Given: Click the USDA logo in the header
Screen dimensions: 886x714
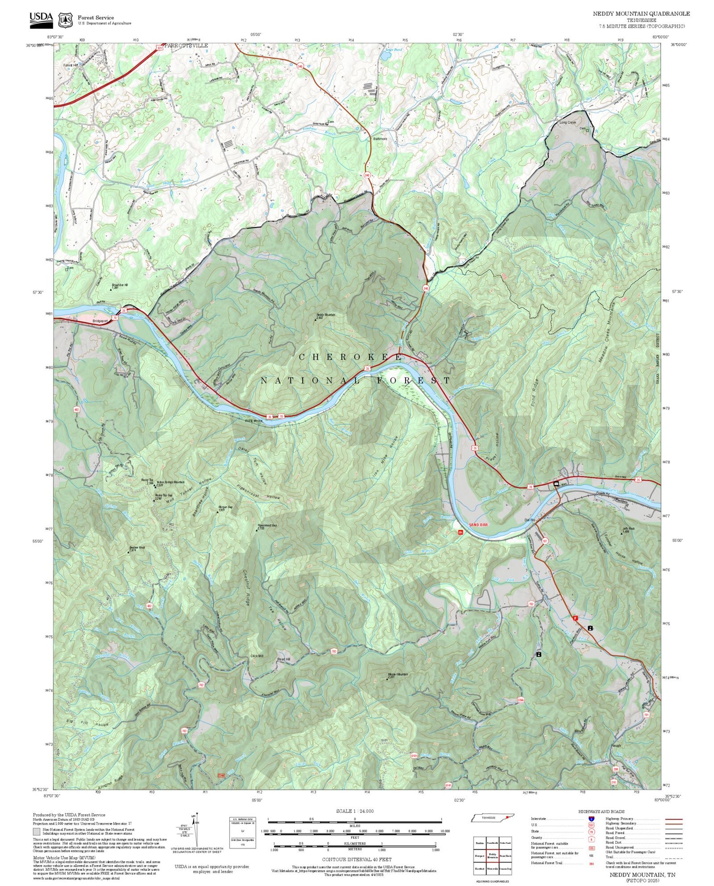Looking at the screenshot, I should click(41, 18).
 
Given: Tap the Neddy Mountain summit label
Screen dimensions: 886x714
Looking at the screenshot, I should click(326, 315).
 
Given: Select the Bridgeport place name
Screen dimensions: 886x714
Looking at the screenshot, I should click(100, 321).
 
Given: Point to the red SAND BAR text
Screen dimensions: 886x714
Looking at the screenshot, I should click(478, 524).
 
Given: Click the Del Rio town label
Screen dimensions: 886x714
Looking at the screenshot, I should click(530, 520).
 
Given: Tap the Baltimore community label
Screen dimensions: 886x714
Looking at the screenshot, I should click(380, 139).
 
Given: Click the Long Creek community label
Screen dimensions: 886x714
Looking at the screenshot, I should click(567, 122).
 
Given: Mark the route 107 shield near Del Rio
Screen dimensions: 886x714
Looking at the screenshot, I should click(545, 541).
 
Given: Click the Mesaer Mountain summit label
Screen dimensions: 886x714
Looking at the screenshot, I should click(397, 674).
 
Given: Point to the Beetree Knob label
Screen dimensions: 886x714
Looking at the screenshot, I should click(137, 548).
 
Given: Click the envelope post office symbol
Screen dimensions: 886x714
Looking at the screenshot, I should click(556, 484).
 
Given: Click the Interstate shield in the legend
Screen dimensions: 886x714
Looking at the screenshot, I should click(592, 819).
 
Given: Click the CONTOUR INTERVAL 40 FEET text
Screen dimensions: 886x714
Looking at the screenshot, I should click(357, 859).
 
